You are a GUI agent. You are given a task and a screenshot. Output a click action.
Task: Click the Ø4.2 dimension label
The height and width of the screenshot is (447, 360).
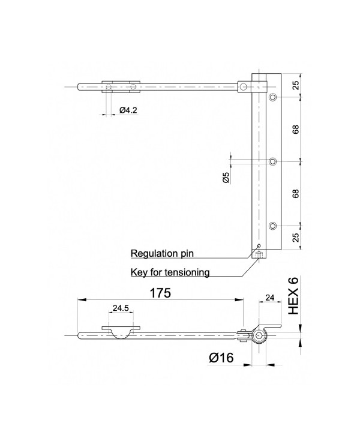pyautogui.click(x=128, y=110)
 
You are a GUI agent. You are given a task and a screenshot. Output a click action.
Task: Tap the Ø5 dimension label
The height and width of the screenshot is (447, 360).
pyautogui.click(x=226, y=178)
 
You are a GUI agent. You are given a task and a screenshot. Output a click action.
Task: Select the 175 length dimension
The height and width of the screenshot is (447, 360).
pyautogui.click(x=160, y=293)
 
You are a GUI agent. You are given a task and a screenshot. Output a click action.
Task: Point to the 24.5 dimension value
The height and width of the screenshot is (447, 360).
pyautogui.click(x=121, y=308)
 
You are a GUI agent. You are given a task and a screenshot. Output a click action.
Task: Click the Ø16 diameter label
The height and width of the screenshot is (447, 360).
pyautogui.click(x=221, y=358)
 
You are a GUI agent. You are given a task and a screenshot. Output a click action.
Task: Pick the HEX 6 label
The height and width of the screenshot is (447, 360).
pyautogui.click(x=293, y=296)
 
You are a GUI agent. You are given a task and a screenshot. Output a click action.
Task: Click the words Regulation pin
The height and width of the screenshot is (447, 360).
pyautogui.click(x=162, y=253)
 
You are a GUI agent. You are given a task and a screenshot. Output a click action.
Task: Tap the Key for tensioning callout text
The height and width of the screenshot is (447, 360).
pyautogui.click(x=170, y=272)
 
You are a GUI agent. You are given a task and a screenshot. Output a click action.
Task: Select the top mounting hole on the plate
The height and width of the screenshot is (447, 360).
pyautogui.click(x=273, y=97)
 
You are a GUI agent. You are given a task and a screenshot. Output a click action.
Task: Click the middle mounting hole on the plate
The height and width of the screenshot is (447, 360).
pyautogui.click(x=273, y=161)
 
